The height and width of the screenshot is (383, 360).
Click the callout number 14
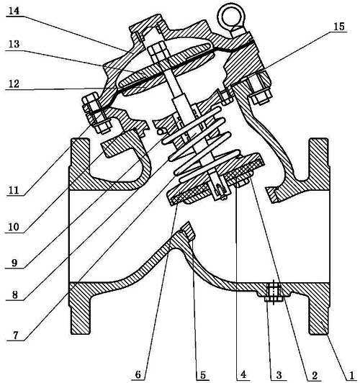pos(14,11)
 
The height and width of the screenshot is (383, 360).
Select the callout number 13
pos(14,45)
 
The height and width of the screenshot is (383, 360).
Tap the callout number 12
pos(14,84)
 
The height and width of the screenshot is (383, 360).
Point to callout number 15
pos(339,27)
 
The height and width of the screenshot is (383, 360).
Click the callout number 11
pos(14,190)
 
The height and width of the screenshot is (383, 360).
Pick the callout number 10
pos(14,227)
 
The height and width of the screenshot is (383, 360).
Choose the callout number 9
pos(14,263)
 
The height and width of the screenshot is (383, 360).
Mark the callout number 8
pos(15,295)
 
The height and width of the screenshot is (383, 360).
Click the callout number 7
pos(15,335)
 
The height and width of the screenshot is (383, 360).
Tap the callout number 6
pos(138,374)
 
